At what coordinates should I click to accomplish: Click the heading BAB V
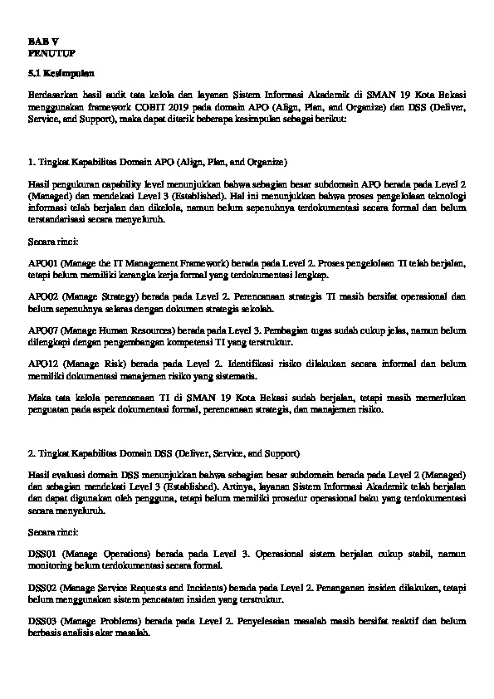point(38,40)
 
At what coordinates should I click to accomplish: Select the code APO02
point(43,296)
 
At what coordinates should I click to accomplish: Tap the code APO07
point(43,329)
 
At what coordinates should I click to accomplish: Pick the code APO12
point(43,362)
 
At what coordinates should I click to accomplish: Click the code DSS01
point(42,552)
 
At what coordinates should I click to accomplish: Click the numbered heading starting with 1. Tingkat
point(157,159)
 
